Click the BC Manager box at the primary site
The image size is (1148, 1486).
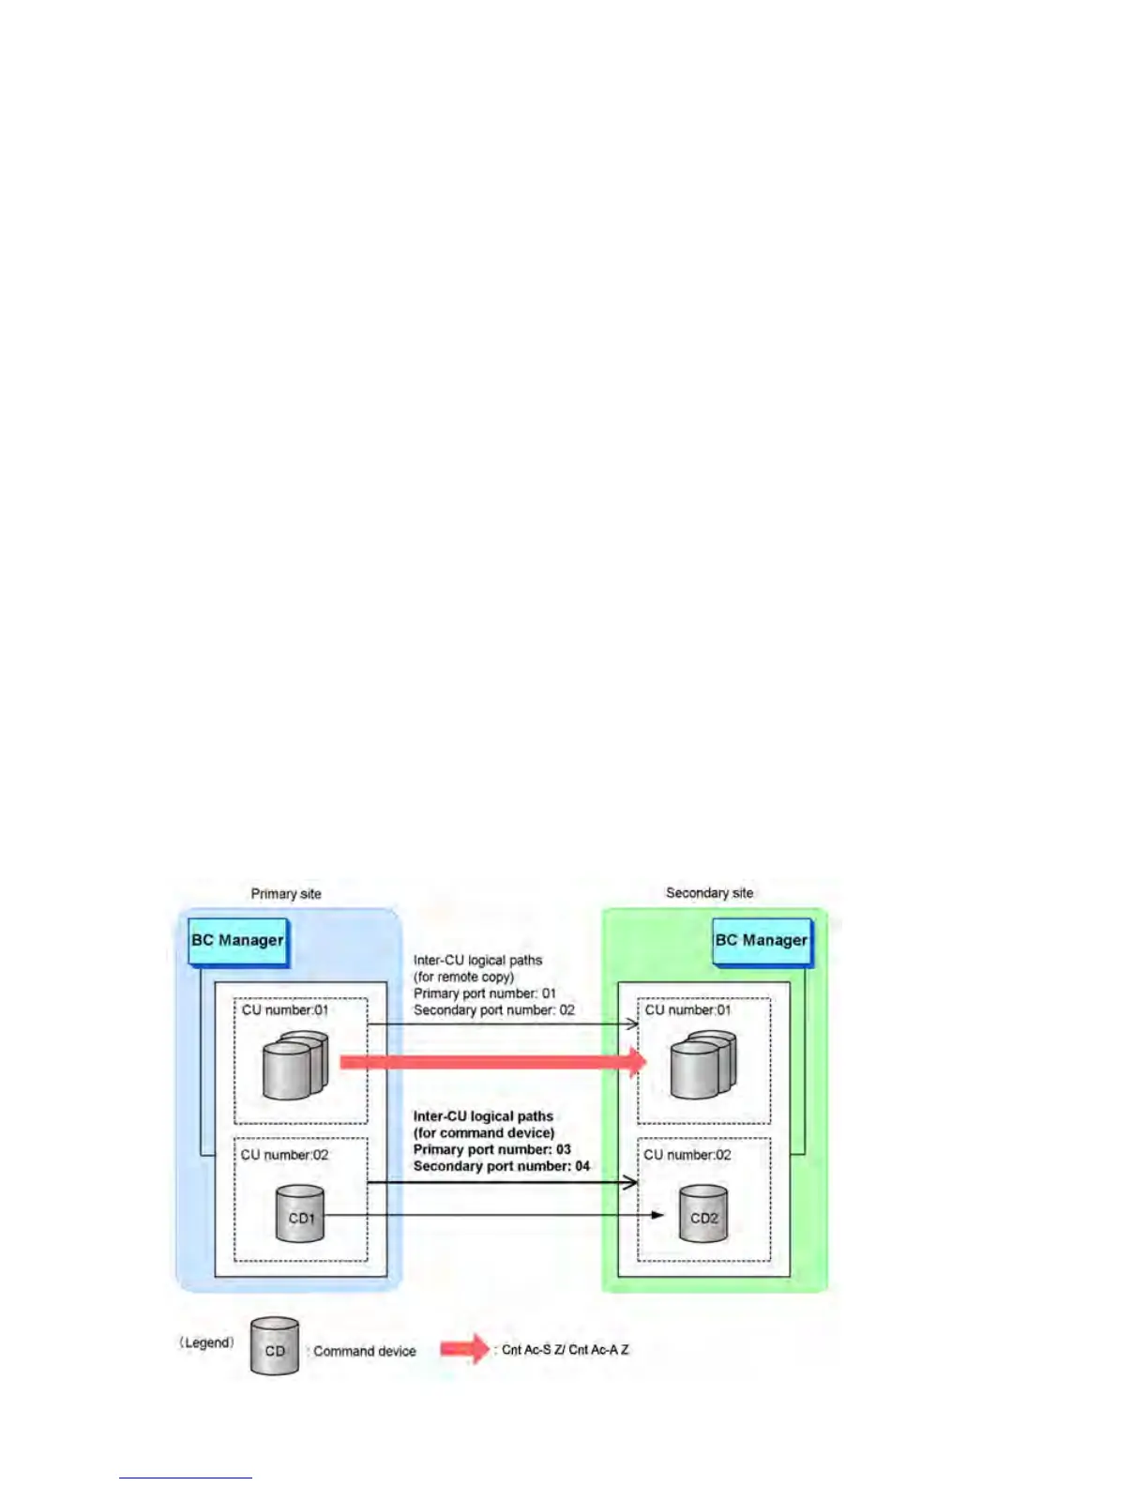click(x=237, y=941)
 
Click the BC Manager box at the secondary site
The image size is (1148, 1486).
click(x=761, y=941)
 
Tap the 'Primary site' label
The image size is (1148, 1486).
click(x=286, y=894)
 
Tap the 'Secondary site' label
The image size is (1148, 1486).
click(x=709, y=893)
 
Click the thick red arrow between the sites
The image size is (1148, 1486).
click(x=492, y=1062)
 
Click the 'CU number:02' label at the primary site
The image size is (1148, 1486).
click(x=285, y=1155)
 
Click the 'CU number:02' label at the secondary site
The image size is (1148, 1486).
click(x=687, y=1155)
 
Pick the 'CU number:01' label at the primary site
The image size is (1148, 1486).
click(x=285, y=1010)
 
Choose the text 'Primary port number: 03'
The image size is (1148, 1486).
click(x=492, y=1149)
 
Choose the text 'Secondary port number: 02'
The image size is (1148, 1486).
click(x=494, y=1010)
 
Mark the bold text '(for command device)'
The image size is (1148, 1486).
click(x=484, y=1133)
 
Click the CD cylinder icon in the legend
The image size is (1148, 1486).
click(x=275, y=1347)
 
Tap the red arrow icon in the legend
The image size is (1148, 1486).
click(x=465, y=1349)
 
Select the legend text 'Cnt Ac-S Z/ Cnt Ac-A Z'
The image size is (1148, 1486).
click(x=566, y=1350)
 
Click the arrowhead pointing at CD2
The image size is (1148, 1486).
click(x=657, y=1216)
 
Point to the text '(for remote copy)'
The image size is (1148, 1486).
click(x=464, y=977)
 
